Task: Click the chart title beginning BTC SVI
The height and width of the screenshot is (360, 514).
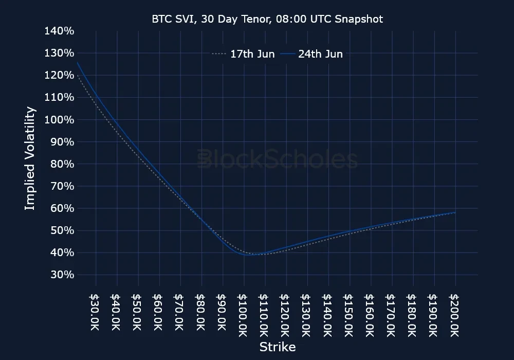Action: click(267, 19)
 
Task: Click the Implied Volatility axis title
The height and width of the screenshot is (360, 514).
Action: click(30, 158)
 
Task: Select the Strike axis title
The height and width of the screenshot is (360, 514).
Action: click(277, 347)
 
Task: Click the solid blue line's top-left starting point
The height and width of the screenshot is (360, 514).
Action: click(77, 63)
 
